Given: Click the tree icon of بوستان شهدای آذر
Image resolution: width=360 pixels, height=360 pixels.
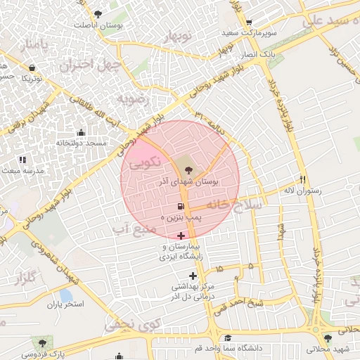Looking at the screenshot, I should coord(188,169).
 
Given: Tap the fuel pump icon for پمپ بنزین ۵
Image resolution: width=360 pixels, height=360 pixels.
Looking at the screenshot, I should coord(181,207).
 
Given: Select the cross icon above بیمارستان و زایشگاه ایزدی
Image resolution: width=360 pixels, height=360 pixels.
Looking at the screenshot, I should coord(181,235).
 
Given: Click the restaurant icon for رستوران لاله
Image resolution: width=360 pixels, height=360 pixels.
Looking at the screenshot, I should coord(302,179).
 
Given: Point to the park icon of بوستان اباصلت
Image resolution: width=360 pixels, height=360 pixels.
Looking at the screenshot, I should coord(98,13).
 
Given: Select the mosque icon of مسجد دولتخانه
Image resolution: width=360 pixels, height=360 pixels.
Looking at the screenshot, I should coord(80,132).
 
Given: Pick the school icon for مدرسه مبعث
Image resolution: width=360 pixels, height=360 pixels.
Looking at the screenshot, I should coord(22,160).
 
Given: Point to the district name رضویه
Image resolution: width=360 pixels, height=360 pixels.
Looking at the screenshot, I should coord(134,98).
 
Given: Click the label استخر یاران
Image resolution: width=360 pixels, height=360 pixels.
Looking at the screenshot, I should coord(65,305).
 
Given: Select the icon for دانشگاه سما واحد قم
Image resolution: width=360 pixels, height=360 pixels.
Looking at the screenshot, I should coord(227,338).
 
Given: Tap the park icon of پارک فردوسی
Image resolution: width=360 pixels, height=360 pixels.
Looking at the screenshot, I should coord(43,342).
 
